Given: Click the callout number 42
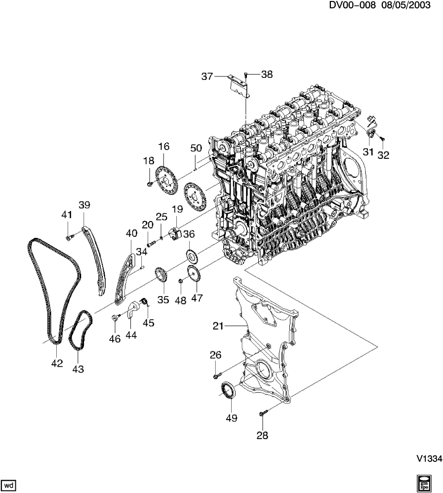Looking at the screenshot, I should [x=57, y=363].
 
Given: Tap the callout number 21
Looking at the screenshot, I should [x=219, y=326].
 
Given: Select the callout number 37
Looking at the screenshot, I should [x=207, y=76].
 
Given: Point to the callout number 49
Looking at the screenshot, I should [x=231, y=418].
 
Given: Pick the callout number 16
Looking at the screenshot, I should [x=163, y=147].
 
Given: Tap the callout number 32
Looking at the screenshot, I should [x=383, y=155].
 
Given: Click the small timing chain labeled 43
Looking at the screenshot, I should [x=81, y=331].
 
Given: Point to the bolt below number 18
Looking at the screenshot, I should [x=149, y=184].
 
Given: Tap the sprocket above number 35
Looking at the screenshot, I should [x=161, y=275].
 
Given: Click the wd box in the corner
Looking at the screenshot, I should [x=9, y=485].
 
